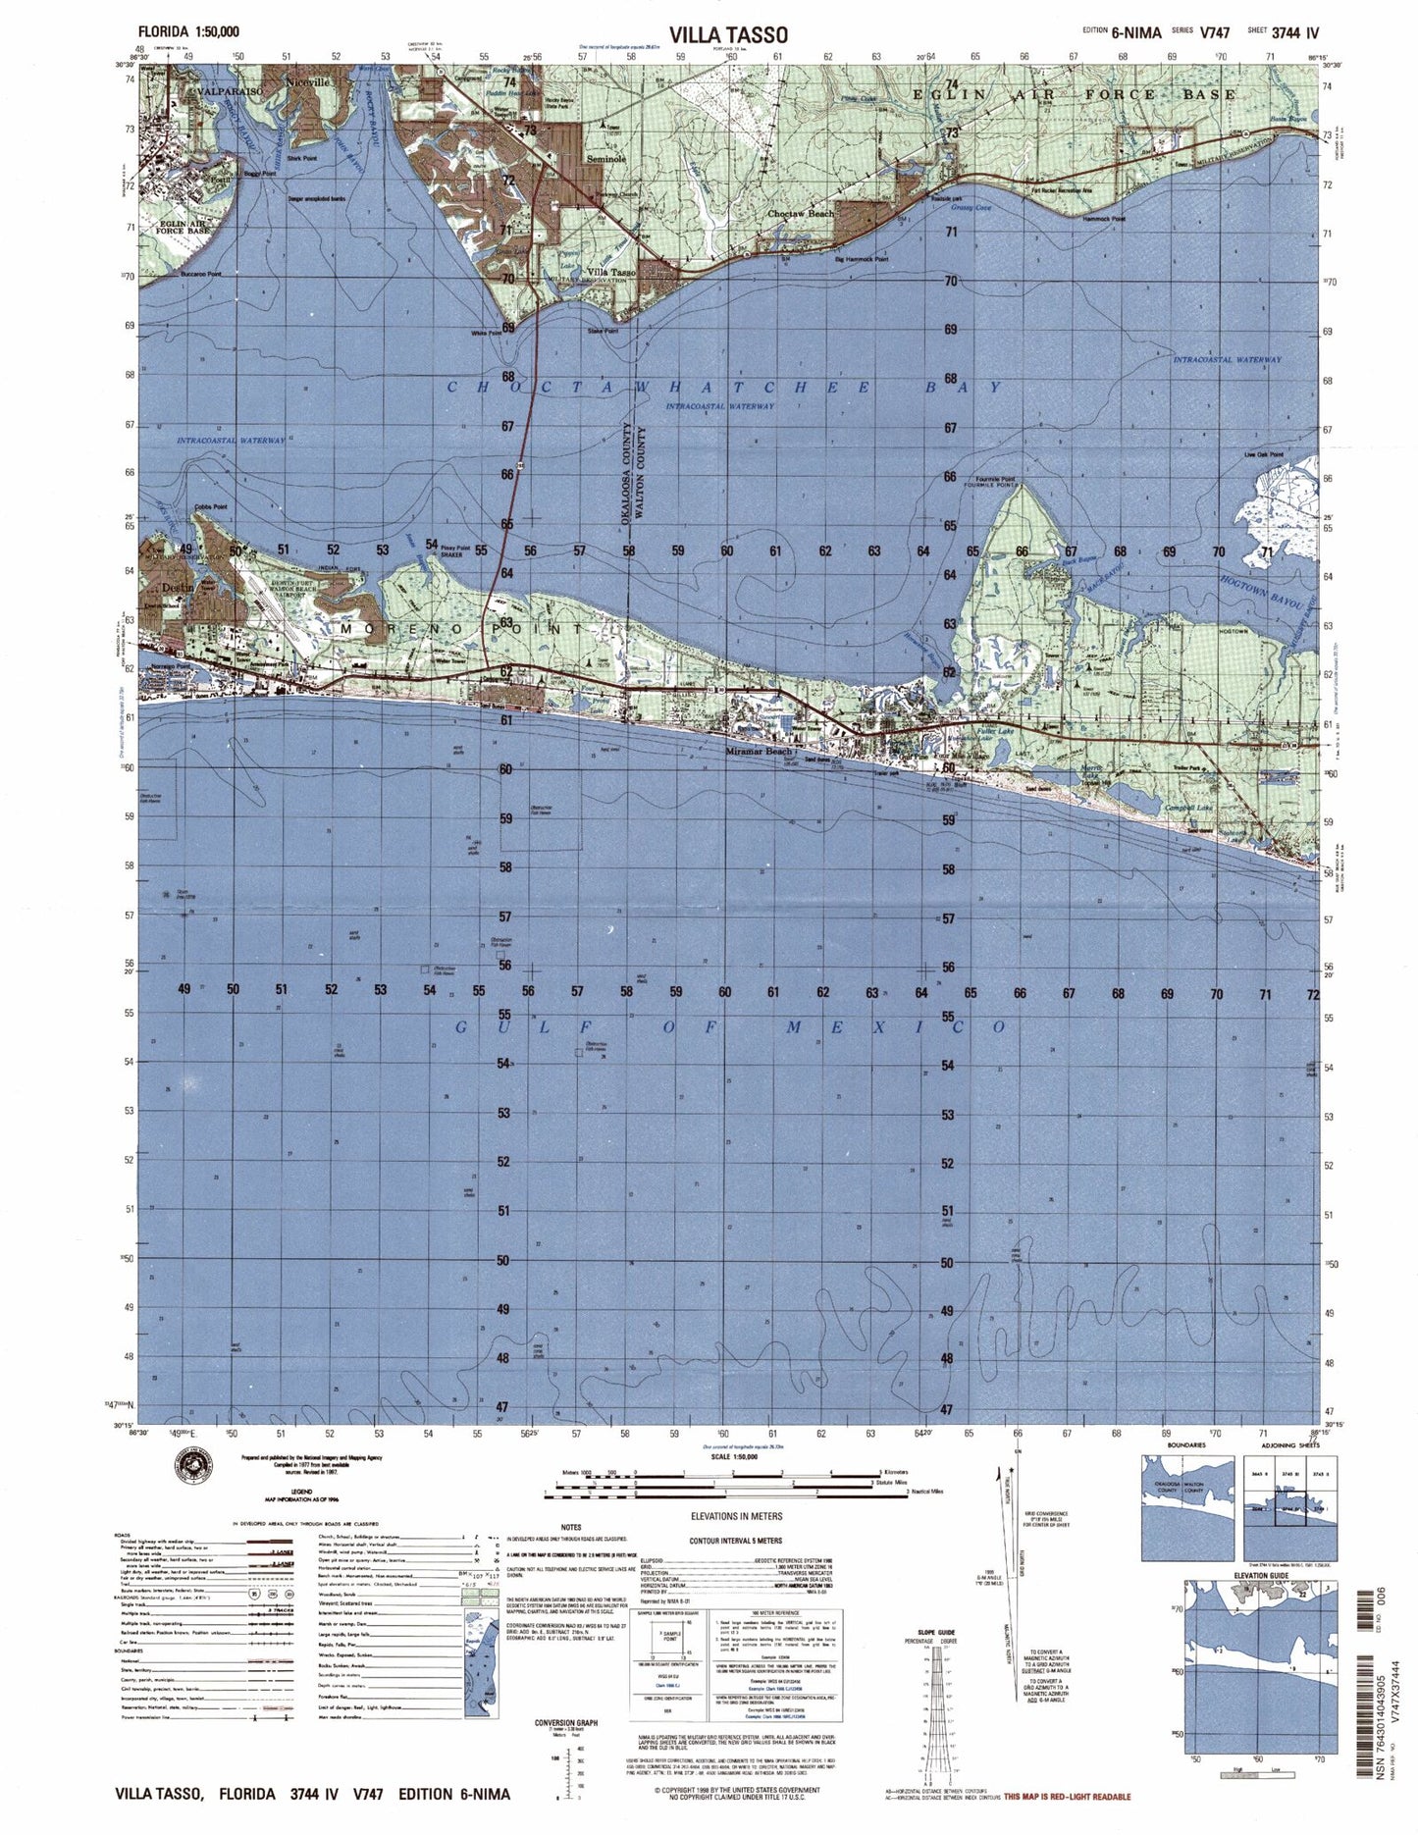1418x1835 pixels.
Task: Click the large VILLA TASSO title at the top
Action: click(x=727, y=34)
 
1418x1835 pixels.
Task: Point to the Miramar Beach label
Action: click(x=758, y=752)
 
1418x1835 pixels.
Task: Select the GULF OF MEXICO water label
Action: click(x=731, y=1026)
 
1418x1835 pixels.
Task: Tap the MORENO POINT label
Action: click(x=461, y=627)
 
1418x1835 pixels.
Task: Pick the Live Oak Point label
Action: click(x=1263, y=454)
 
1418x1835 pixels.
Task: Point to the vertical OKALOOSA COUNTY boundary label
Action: click(x=625, y=481)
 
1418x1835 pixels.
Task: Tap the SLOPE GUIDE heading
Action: click(x=931, y=1632)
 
